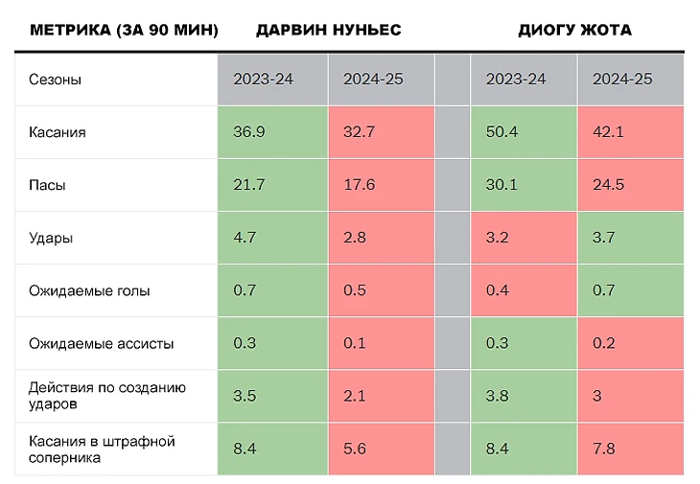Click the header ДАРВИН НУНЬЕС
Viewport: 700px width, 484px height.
(328, 30)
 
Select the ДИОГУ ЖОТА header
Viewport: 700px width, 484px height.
(574, 30)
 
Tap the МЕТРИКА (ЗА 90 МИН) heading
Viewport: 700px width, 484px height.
(124, 30)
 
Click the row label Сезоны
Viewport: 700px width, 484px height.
(55, 80)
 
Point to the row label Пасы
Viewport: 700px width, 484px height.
(47, 185)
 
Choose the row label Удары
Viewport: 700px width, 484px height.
(51, 238)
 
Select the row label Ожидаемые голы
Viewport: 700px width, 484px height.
(89, 290)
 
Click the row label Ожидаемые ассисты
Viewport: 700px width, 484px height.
(101, 343)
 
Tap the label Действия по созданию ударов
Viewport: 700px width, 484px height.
(107, 396)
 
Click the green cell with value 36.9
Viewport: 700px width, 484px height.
(273, 132)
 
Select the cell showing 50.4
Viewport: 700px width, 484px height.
(524, 132)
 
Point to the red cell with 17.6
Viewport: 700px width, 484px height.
(382, 185)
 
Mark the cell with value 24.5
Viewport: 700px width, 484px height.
(631, 185)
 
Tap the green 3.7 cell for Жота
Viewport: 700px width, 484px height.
(631, 238)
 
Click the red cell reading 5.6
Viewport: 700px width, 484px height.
(382, 449)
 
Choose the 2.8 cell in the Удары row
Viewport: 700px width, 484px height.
(382, 238)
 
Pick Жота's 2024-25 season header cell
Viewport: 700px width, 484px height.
(631, 80)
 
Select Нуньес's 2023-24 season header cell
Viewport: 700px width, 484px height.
(273, 80)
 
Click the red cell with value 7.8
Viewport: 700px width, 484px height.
(631, 449)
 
